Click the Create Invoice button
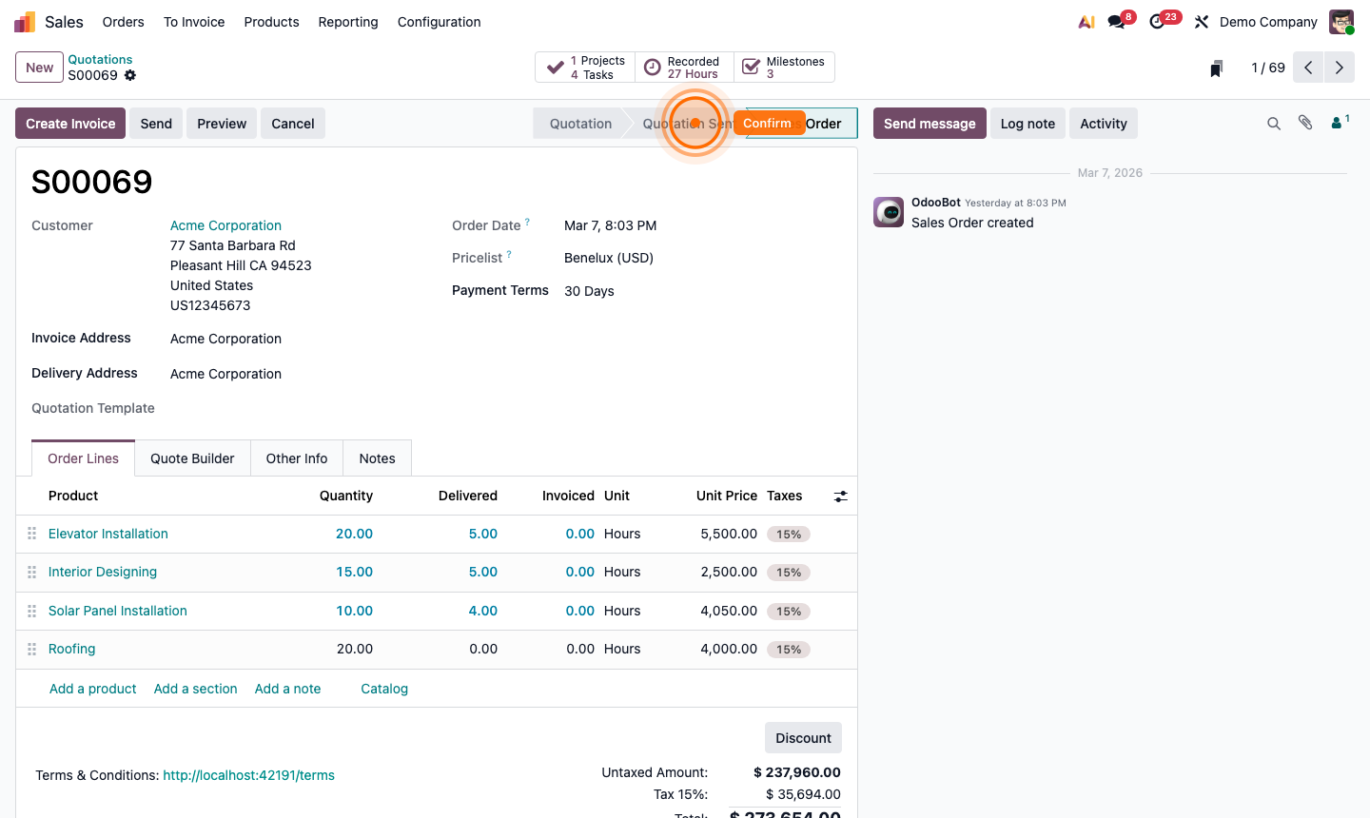(x=70, y=124)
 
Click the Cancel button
(x=292, y=124)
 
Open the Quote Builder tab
(x=192, y=458)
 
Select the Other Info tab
(x=297, y=458)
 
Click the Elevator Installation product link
(x=108, y=534)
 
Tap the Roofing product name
(x=72, y=649)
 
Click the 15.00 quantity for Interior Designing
(x=354, y=572)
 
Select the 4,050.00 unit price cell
(x=729, y=611)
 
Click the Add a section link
(x=196, y=689)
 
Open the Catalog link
(x=384, y=689)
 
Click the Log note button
(x=1027, y=124)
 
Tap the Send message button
(x=930, y=124)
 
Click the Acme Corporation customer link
(x=225, y=225)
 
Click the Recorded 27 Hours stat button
(x=684, y=68)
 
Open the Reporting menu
(x=348, y=22)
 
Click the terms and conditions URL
(x=248, y=775)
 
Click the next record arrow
(x=1340, y=68)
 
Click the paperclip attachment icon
(x=1305, y=123)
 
